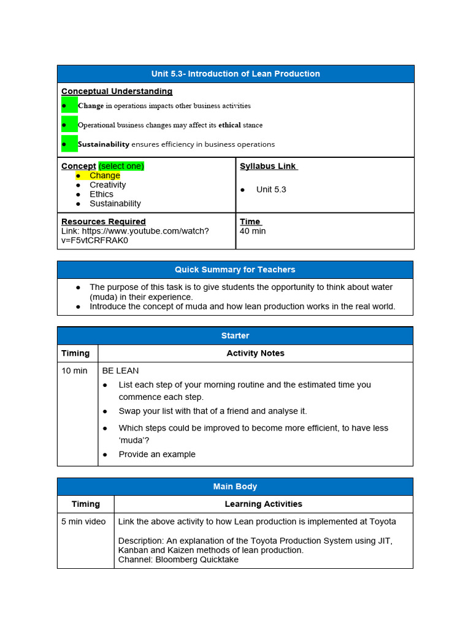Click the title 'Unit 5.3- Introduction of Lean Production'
[x=235, y=74]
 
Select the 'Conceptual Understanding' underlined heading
[x=117, y=92]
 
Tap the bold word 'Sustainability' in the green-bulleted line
[x=104, y=144]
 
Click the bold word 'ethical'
[x=230, y=125]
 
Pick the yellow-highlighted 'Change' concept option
[x=105, y=176]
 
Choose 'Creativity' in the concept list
[x=107, y=185]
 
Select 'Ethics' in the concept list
[x=101, y=194]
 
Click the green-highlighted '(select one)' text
[x=121, y=166]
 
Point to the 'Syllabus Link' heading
[x=268, y=166]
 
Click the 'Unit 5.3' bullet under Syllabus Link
[x=271, y=189]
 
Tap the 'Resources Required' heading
[x=103, y=221]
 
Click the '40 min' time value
[x=253, y=231]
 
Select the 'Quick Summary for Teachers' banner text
[x=235, y=270]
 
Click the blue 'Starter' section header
[x=235, y=335]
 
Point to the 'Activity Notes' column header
[x=255, y=353]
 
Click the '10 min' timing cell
[x=74, y=370]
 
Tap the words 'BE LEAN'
[x=120, y=370]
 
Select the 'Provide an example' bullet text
[x=157, y=455]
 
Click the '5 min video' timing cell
[x=83, y=522]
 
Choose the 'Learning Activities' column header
[x=264, y=504]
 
